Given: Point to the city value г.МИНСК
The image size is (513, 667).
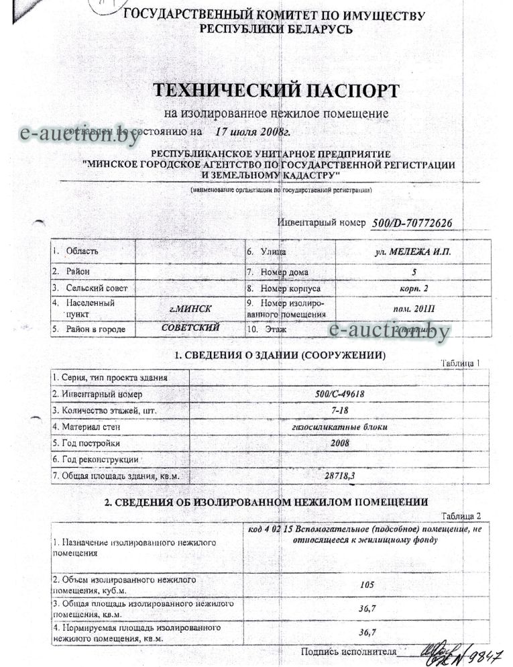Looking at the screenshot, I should coord(191,309).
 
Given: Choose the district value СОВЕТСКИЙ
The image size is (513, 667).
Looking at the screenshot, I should coord(191,328).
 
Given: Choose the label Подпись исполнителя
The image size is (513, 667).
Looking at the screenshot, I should coord(349,651).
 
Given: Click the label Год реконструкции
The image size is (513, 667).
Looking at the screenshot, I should coord(95,460).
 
